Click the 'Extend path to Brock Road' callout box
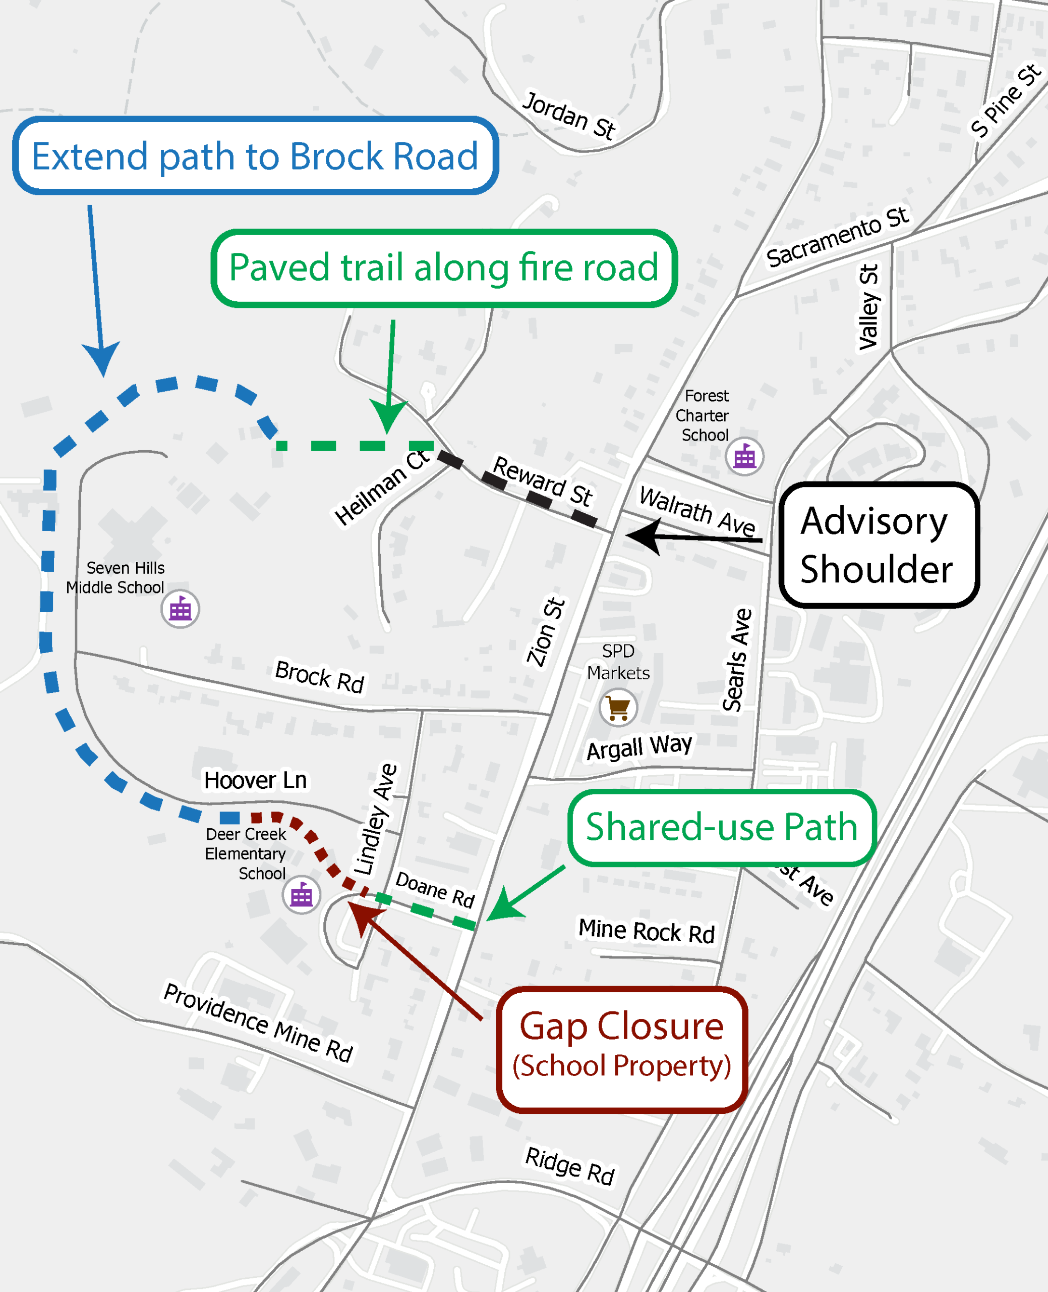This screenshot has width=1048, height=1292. pyautogui.click(x=255, y=156)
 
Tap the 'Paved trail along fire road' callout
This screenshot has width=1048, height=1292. pyautogui.click(x=444, y=268)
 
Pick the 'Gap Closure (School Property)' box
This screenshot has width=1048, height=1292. pyautogui.click(x=622, y=1049)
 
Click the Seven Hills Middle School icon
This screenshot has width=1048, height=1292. pyautogui.click(x=180, y=610)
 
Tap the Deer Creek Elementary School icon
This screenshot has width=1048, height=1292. pyautogui.click(x=301, y=895)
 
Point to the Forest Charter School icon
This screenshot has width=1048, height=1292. pyautogui.click(x=744, y=457)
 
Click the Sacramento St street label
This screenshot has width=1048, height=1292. pyautogui.click(x=837, y=237)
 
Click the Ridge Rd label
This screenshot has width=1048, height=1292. pyautogui.click(x=569, y=1166)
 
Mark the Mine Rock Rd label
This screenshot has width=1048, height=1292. pyautogui.click(x=647, y=931)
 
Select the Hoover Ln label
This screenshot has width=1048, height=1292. pyautogui.click(x=255, y=780)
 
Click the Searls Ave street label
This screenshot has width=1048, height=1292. pyautogui.click(x=737, y=660)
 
